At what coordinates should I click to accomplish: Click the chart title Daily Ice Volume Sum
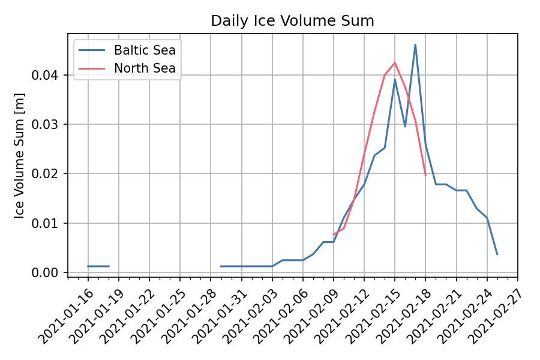click(292, 21)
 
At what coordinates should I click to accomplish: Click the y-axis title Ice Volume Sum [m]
click(20, 156)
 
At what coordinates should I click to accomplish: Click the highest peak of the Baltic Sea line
click(415, 44)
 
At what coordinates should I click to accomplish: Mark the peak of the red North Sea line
click(395, 62)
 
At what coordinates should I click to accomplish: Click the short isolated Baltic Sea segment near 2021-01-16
click(98, 266)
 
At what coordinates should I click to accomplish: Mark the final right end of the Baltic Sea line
click(497, 254)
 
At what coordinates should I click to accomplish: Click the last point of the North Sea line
click(425, 175)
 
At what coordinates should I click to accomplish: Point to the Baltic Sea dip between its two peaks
click(405, 126)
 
